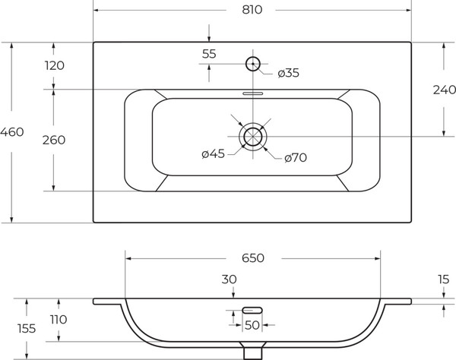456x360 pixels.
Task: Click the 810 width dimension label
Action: [252, 10]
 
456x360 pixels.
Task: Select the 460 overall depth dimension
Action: [11, 132]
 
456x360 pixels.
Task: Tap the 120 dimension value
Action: [55, 65]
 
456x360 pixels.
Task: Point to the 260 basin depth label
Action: [54, 140]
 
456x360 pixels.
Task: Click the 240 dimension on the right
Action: [444, 90]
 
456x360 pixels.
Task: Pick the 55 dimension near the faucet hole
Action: [209, 54]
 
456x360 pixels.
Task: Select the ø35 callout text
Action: [288, 73]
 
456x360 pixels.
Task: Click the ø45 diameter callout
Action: [213, 153]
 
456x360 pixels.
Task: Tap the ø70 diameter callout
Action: [296, 158]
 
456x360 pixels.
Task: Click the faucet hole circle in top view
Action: [253, 57]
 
